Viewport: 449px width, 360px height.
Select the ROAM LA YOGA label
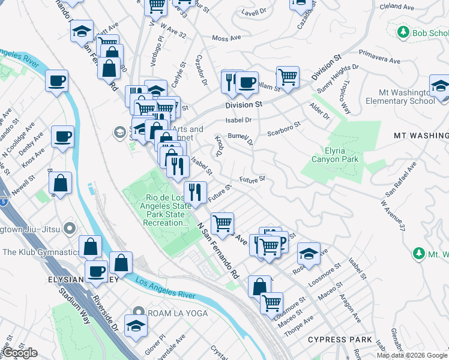point(178,313)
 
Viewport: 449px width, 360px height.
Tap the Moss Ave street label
point(226,38)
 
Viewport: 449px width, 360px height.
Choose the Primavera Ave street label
point(381,60)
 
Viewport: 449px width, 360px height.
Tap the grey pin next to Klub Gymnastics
point(70,229)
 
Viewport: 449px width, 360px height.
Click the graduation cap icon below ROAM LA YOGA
point(136,326)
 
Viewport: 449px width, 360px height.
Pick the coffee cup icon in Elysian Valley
point(96,271)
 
